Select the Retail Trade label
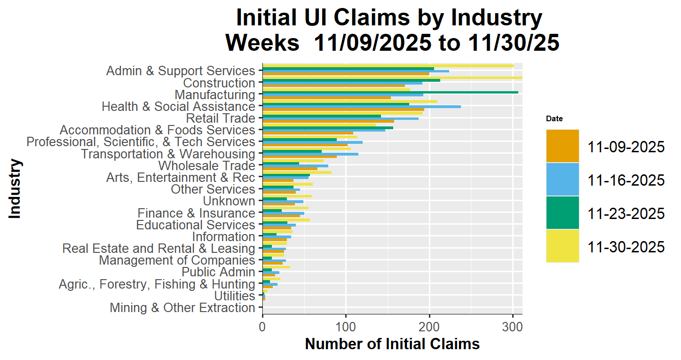[x=221, y=118]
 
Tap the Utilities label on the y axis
[x=234, y=296]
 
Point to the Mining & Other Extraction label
[x=182, y=308]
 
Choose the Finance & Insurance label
[x=196, y=213]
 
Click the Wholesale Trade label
[x=206, y=166]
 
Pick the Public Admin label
[x=218, y=273]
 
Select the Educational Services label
[x=195, y=225]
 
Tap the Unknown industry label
[x=229, y=202]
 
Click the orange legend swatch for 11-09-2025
[x=562, y=146]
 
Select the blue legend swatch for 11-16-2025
[x=562, y=180]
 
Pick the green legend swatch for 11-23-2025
[x=562, y=213]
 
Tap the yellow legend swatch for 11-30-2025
[x=562, y=246]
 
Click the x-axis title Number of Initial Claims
[x=392, y=344]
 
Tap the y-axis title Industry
[x=15, y=189]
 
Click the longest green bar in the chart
[x=390, y=92]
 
